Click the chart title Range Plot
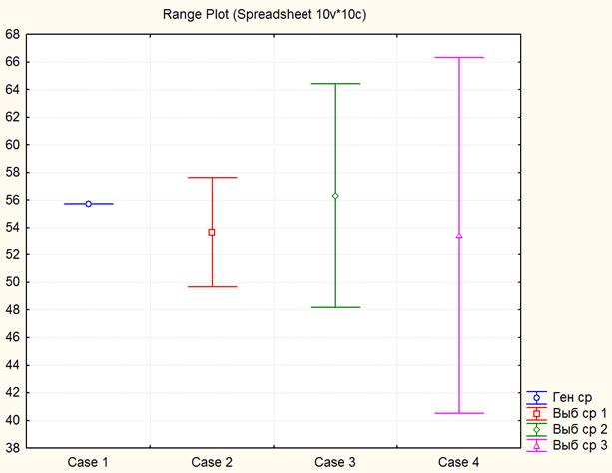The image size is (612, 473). (265, 16)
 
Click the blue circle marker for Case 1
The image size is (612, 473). (88, 204)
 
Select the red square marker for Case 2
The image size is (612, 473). (212, 232)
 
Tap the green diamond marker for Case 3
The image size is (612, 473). (335, 196)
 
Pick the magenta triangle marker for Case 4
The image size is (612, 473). (459, 236)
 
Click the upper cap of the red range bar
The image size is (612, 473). (212, 178)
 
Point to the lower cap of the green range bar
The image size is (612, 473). (335, 307)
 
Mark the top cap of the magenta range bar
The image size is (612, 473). (459, 58)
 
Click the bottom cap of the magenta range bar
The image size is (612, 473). (459, 413)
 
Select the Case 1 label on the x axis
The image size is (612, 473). (88, 462)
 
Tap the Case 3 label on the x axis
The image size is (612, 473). (335, 462)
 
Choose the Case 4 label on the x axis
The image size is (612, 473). (459, 462)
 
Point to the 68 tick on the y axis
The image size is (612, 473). (13, 34)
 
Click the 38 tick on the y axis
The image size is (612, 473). (13, 448)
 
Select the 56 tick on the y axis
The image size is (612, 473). (13, 200)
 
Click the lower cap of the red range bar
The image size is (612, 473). (212, 287)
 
